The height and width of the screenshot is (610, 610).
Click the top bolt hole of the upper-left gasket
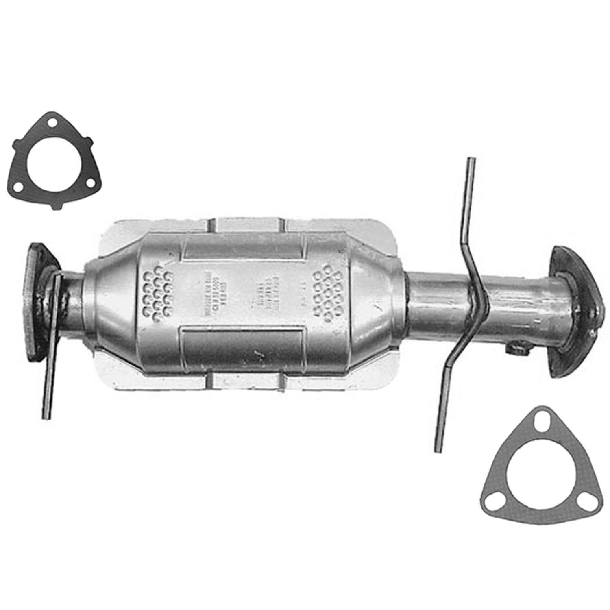click(x=50, y=122)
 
